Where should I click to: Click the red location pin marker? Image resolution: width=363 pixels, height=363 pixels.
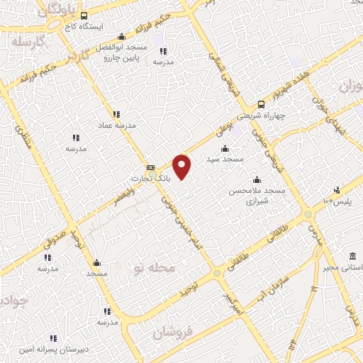[183, 165]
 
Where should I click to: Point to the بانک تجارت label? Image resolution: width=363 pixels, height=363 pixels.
[151, 181]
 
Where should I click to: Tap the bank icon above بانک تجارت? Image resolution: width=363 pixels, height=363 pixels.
[150, 167]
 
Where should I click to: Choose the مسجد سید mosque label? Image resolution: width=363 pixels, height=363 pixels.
[225, 160]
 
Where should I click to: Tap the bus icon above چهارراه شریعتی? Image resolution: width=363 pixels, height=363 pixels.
[261, 104]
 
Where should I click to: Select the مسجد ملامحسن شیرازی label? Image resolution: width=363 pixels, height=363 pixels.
[257, 196]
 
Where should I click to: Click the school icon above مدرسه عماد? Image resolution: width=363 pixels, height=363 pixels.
[116, 113]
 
